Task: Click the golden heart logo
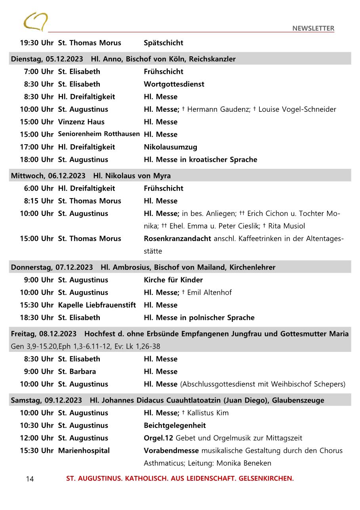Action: click(36, 21)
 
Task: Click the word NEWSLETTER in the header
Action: click(313, 29)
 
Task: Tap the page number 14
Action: click(30, 479)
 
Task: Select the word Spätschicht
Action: click(163, 43)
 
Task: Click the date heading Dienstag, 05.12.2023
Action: click(47, 59)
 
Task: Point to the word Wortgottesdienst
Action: click(174, 84)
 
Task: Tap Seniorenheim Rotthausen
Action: click(99, 134)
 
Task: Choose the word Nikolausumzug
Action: click(170, 147)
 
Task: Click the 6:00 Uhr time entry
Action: click(38, 188)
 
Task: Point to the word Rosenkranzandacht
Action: click(177, 239)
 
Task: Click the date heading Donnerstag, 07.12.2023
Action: click(52, 267)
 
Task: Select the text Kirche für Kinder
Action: click(173, 280)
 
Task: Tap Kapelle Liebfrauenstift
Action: click(97, 305)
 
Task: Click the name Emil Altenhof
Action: click(209, 292)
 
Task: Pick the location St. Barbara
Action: click(77, 372)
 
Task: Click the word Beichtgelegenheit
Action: click(175, 426)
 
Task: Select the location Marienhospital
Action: click(84, 451)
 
